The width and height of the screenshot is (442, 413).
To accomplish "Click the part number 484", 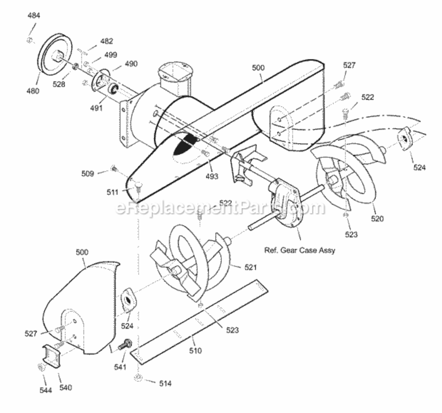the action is (34, 15).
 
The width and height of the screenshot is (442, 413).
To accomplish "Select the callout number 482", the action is (107, 41).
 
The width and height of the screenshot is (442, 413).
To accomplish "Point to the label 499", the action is (111, 55).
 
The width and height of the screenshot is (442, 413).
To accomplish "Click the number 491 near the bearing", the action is (96, 108).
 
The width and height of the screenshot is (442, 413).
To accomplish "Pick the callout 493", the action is (212, 176).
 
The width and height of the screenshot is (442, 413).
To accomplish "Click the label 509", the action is (88, 173).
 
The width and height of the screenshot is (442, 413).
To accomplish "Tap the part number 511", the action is (112, 192).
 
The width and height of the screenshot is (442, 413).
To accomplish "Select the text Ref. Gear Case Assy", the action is (299, 251).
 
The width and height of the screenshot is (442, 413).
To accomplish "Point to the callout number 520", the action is (378, 219).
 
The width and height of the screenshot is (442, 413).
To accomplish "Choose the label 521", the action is (250, 267).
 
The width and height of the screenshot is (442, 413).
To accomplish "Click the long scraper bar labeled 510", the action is (199, 322).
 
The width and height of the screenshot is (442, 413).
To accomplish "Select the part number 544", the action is (46, 390).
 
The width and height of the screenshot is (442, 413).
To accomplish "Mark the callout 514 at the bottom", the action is (165, 383).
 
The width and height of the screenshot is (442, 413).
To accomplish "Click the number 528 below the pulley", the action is (59, 84).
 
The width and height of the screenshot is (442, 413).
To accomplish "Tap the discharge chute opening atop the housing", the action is (175, 73).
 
